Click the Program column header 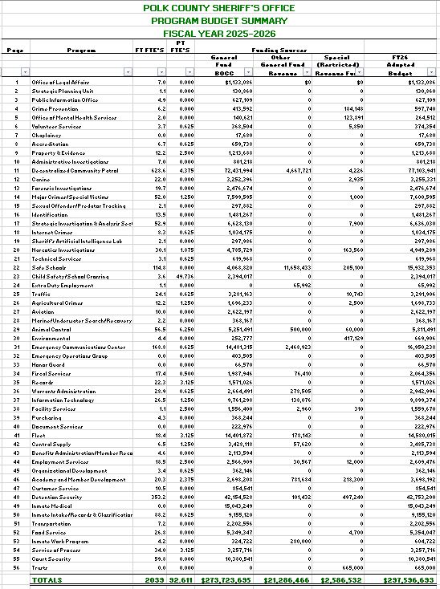(81, 50)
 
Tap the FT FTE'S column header (150, 50)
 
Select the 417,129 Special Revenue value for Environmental (351, 338)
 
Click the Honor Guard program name (47, 364)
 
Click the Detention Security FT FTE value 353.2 (157, 496)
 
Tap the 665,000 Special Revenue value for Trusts (351, 567)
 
